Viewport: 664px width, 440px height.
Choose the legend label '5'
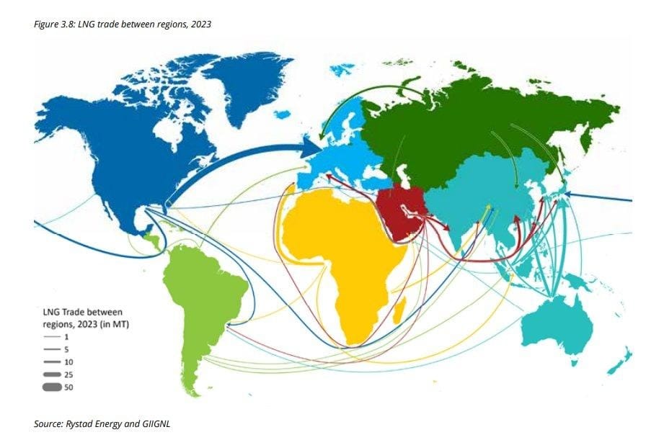pos(66,349)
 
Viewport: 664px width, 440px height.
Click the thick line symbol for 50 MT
pos(52,388)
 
